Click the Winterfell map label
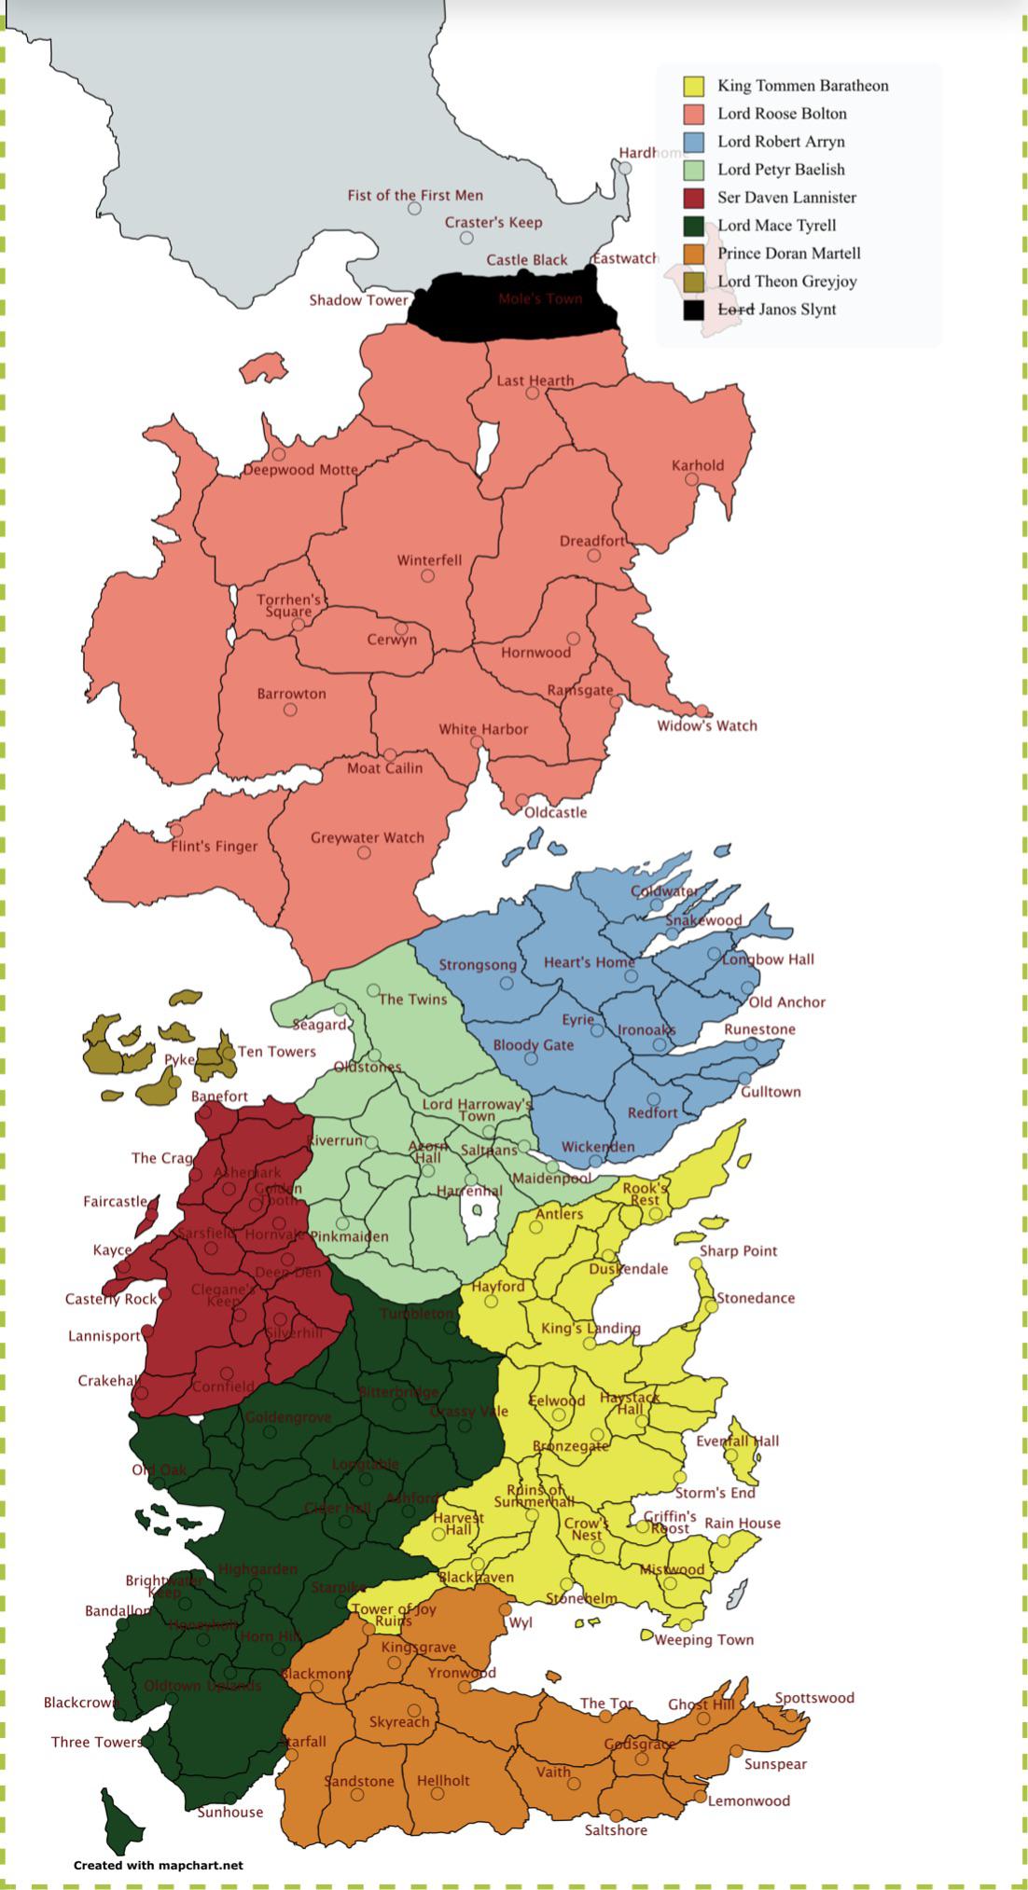429,560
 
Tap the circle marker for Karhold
691,479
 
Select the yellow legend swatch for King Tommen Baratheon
693,86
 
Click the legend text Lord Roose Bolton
782,114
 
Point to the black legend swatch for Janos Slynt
693,310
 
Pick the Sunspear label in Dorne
775,1763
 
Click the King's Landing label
590,1328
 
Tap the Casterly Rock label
111,1299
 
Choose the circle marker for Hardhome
626,168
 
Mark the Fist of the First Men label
415,195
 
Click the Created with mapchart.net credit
159,1865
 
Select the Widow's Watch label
707,725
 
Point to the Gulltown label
771,1091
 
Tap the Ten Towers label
276,1051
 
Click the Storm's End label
715,1492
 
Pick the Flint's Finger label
214,846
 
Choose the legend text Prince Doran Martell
788,254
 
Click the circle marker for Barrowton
290,710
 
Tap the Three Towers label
96,1741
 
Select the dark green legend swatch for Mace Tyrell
693,226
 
